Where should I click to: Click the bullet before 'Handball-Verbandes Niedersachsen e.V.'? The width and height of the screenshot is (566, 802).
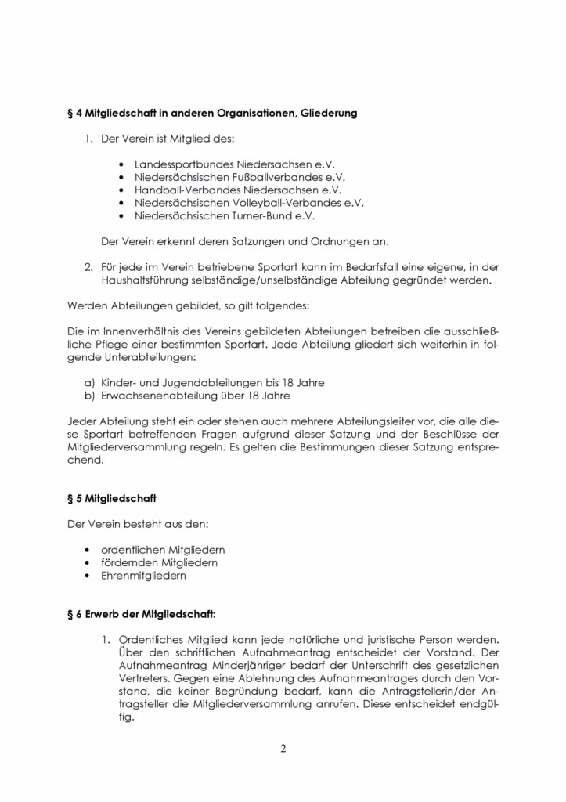pos(121,190)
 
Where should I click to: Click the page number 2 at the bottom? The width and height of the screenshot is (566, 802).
pos(283,748)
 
